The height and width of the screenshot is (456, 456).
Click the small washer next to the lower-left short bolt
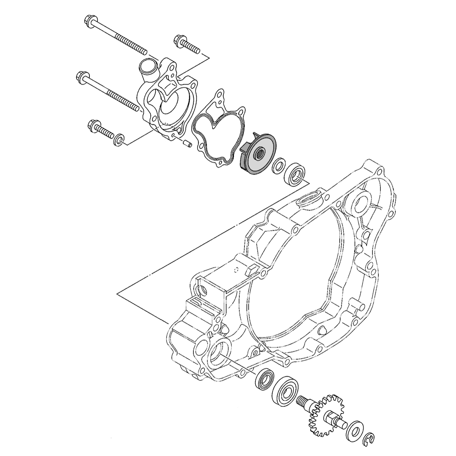click(x=119, y=139)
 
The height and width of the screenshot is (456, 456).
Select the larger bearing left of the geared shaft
click(x=285, y=392)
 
